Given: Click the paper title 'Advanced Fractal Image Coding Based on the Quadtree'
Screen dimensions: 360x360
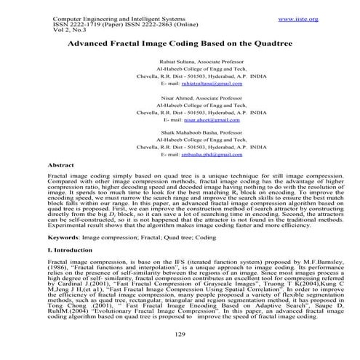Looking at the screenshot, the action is pyautogui.click(x=180, y=44).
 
